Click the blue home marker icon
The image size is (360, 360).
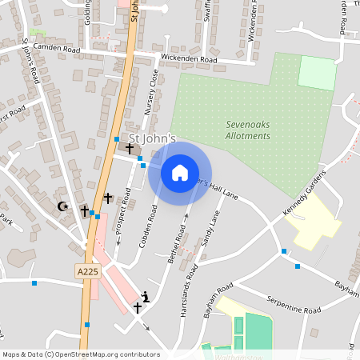click(180, 172)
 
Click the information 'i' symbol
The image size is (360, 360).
click(145, 295)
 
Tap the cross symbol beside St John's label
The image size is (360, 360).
click(129, 148)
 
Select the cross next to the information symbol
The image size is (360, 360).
click(138, 306)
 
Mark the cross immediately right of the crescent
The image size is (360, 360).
click(84, 210)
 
